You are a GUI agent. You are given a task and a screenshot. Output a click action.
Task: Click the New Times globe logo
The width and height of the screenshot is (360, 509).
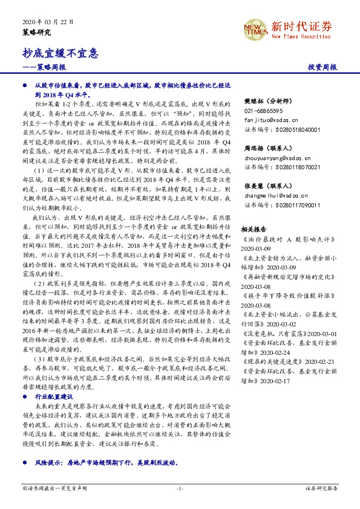[257, 29]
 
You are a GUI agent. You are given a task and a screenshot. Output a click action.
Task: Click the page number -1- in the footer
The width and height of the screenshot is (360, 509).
[180, 487]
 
